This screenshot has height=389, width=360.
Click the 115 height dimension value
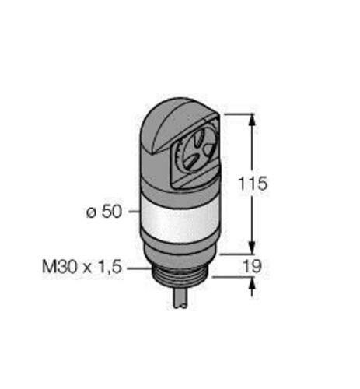[253, 184]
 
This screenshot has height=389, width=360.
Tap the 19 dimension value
[253, 266]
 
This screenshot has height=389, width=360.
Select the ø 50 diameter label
[104, 212]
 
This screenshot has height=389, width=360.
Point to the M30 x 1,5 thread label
[82, 267]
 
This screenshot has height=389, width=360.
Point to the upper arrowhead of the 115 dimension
[253, 121]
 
